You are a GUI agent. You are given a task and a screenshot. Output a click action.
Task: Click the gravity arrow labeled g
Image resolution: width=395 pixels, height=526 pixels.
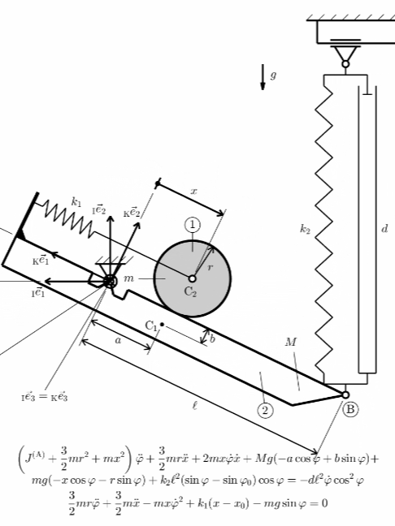tap(263, 77)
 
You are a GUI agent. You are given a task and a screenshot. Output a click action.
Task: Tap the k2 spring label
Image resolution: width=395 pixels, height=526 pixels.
tap(305, 229)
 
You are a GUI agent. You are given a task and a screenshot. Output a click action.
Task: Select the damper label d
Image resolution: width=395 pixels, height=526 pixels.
tap(384, 229)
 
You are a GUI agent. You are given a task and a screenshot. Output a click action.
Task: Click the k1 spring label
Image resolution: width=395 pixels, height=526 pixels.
tap(76, 202)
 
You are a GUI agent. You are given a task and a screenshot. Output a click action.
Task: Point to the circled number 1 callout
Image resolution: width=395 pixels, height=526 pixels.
tap(193, 225)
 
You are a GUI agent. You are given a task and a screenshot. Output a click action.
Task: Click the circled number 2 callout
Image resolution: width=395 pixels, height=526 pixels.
tap(265, 410)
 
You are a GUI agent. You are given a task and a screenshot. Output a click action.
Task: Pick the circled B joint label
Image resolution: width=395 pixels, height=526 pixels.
tap(350, 409)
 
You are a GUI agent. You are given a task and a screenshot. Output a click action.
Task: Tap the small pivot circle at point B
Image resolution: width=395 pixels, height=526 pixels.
tap(345, 394)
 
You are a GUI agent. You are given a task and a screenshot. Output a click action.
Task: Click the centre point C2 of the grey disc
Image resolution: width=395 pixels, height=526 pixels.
tap(192, 278)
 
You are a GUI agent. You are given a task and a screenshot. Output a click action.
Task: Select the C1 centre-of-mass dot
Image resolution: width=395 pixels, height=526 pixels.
tap(162, 325)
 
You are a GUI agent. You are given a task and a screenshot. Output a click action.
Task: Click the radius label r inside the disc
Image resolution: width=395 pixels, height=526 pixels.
tap(211, 267)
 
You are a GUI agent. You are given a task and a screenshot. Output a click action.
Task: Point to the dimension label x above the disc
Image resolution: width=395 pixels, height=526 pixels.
tap(193, 192)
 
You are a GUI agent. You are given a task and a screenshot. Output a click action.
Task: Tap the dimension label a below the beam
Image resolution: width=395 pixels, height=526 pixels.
tap(118, 340)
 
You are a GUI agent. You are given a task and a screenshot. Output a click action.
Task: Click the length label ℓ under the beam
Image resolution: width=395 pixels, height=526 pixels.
tap(195, 406)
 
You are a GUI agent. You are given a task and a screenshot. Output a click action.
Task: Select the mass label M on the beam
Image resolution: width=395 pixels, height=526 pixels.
tap(291, 342)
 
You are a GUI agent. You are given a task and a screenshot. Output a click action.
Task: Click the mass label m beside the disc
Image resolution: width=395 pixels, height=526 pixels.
tap(129, 278)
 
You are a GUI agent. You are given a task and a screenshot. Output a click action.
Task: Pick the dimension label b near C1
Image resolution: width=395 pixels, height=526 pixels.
tap(212, 338)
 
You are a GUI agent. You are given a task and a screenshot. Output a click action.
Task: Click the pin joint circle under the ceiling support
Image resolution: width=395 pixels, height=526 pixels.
tap(345, 64)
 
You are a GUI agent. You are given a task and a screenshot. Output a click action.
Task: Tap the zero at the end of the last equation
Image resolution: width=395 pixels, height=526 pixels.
tap(324, 502)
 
